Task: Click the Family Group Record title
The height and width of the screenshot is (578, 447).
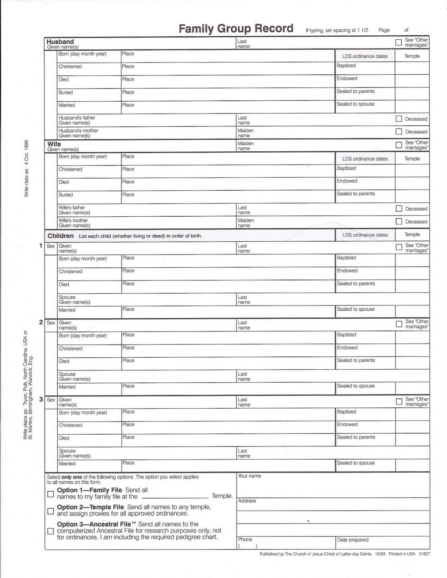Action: point(236,28)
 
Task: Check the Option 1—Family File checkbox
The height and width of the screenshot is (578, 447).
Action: point(51,494)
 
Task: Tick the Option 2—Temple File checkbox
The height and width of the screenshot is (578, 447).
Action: point(51,511)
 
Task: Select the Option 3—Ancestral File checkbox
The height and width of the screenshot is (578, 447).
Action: point(51,531)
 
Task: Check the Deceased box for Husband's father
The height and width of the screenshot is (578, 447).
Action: point(398,119)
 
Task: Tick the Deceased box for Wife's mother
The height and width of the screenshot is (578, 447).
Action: point(398,222)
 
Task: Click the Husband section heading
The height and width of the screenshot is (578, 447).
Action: point(60,42)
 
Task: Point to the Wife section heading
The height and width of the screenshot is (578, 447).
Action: point(54,144)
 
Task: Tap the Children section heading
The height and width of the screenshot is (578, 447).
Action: point(61,236)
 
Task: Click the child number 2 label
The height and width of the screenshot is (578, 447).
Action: point(41,322)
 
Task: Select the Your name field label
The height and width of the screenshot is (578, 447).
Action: point(249,476)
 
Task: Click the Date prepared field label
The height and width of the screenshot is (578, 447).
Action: point(353,540)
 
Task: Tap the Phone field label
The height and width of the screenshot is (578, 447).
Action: point(245,539)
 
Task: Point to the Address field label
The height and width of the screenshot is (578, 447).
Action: point(247,501)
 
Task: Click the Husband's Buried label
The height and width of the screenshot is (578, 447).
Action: point(65,92)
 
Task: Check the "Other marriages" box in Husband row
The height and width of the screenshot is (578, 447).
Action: point(398,42)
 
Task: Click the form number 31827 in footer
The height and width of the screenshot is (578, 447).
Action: point(424,554)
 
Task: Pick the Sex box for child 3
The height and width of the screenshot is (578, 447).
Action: point(51,400)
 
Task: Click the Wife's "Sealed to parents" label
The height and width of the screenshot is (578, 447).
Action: point(356,193)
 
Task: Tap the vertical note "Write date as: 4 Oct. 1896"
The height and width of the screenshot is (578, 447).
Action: point(26,168)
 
